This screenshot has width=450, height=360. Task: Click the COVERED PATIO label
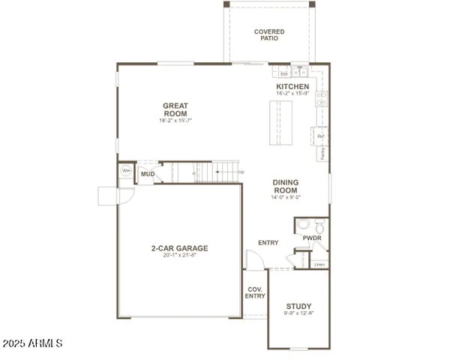268,34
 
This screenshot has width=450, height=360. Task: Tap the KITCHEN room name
292,86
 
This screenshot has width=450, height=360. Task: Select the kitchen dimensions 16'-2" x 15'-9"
292,94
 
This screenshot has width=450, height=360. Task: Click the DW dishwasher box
284,73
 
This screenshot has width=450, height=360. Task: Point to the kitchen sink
300,73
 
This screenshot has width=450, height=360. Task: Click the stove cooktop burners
322,99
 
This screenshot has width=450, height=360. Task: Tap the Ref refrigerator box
321,136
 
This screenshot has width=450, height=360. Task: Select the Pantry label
322,154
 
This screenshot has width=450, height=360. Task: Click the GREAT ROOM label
175,109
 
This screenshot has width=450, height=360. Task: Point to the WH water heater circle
126,171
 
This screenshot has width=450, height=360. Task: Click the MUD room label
148,175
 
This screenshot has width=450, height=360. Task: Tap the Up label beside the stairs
241,172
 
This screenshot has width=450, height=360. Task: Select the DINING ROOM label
285,186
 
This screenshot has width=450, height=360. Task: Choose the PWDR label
312,238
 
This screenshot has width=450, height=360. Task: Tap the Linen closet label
319,264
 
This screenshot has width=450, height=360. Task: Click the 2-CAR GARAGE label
179,248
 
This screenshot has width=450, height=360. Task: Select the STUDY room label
298,306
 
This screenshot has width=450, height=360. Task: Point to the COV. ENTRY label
255,292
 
